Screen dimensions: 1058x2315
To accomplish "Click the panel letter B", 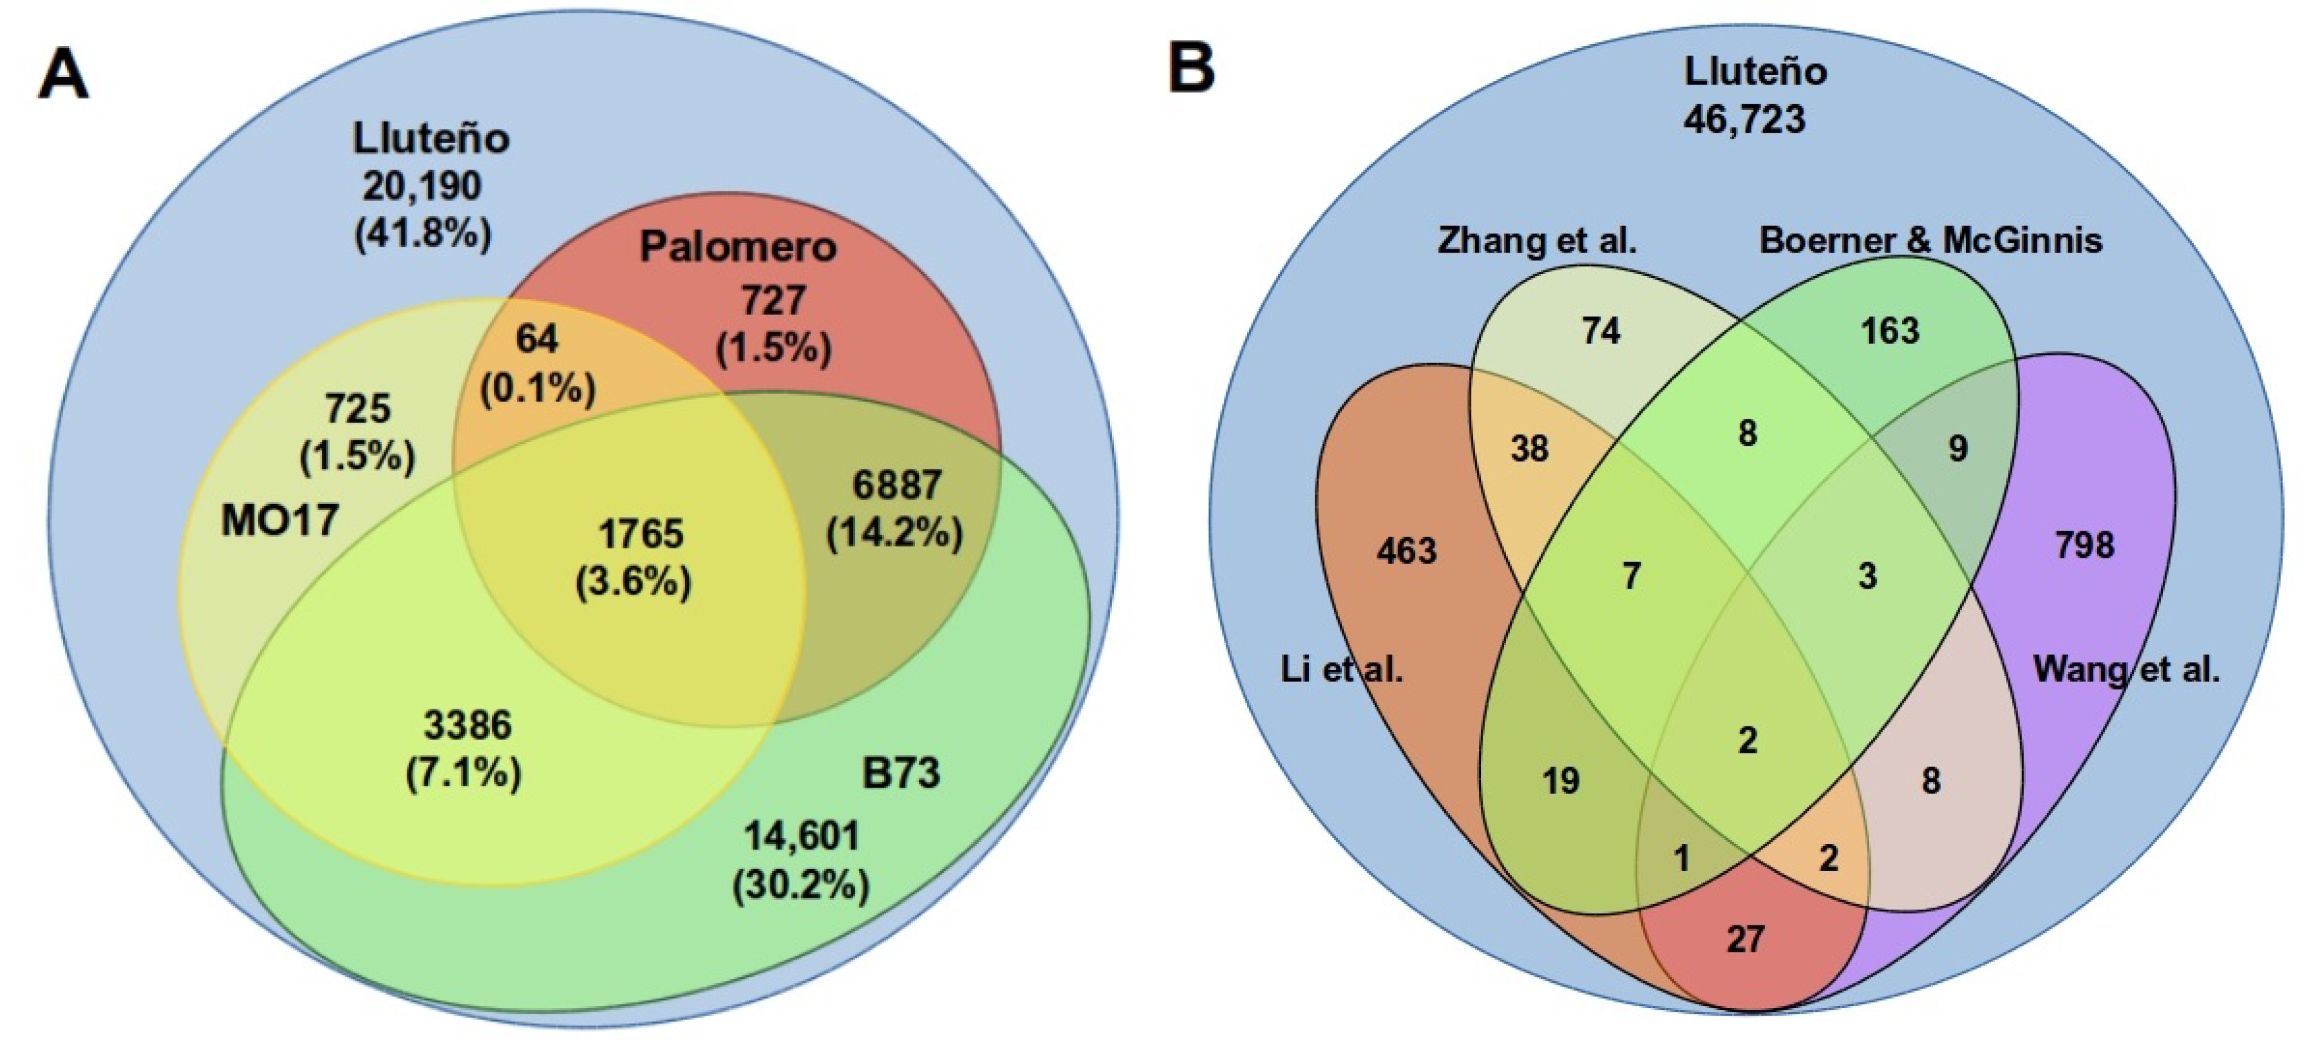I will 1191,68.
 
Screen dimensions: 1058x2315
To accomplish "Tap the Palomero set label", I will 737,246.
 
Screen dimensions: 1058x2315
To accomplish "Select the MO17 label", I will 280,520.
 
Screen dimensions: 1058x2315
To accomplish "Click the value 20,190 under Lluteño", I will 421,185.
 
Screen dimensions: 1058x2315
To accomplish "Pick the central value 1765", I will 641,534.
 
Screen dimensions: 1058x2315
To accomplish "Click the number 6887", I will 896,485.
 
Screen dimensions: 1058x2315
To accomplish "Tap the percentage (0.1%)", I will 537,388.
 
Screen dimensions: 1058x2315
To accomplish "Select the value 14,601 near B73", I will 801,836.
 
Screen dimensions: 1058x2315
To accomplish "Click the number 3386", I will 467,724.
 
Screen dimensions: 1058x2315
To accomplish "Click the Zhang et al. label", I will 1537,240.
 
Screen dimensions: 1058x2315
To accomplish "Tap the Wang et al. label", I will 2126,669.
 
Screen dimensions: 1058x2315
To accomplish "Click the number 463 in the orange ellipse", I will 1406,550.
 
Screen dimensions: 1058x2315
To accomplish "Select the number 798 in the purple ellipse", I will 2084,544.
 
